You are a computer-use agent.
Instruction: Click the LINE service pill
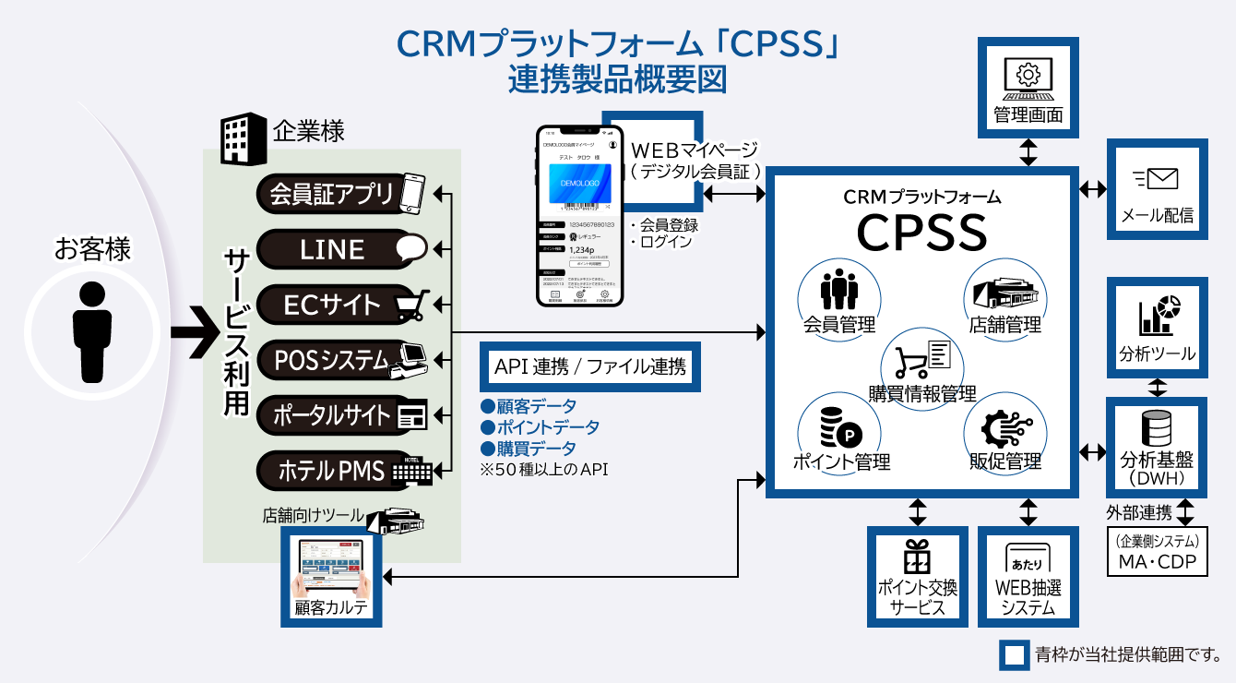pyautogui.click(x=341, y=249)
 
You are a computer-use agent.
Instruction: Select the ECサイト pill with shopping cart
pyautogui.click(x=341, y=305)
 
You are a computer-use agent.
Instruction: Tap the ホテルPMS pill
pyautogui.click(x=341, y=472)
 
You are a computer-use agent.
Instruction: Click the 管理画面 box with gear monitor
pyautogui.click(x=1028, y=87)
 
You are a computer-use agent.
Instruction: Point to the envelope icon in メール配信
pyautogui.click(x=1158, y=179)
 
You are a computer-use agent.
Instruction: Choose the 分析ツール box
pyautogui.click(x=1157, y=327)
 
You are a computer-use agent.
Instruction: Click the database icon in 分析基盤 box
pyautogui.click(x=1157, y=428)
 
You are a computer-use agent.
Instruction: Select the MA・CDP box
pyautogui.click(x=1157, y=552)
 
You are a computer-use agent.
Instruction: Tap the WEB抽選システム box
pyautogui.click(x=1028, y=576)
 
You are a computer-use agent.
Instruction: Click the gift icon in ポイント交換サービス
pyautogui.click(x=918, y=557)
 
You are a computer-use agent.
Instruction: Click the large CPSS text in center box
pyautogui.click(x=921, y=233)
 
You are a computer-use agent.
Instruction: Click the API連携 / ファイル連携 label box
pyautogui.click(x=590, y=366)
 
